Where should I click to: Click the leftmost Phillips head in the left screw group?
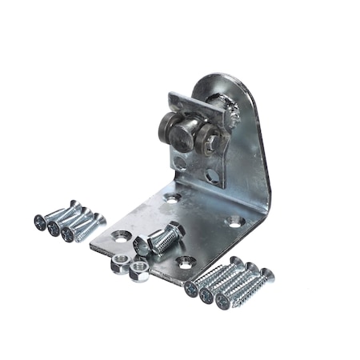click(x=40, y=220)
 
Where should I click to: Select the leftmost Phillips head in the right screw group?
click(x=192, y=289)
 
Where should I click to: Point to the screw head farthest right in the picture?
click(x=266, y=275)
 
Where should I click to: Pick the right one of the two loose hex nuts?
click(x=138, y=269)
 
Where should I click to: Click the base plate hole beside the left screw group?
click(x=122, y=237)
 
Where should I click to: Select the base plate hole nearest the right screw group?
click(x=186, y=261)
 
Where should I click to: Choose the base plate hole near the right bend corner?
click(x=233, y=221)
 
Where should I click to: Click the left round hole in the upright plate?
click(x=182, y=165)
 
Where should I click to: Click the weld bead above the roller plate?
click(x=231, y=112)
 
